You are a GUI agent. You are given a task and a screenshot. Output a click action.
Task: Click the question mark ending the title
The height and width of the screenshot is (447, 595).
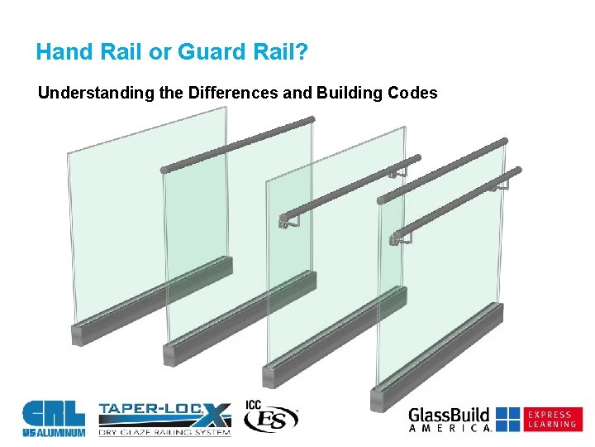302,53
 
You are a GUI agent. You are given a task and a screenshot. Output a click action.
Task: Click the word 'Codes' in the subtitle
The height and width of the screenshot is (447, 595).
411,93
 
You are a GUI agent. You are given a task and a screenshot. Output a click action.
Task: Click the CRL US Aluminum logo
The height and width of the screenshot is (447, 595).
53,418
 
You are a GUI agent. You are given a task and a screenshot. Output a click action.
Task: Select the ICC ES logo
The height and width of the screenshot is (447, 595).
269,417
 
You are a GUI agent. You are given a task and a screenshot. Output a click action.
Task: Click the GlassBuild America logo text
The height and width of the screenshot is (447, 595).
450,419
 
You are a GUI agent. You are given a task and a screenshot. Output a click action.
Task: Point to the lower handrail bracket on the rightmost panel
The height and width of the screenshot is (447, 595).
405,238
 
